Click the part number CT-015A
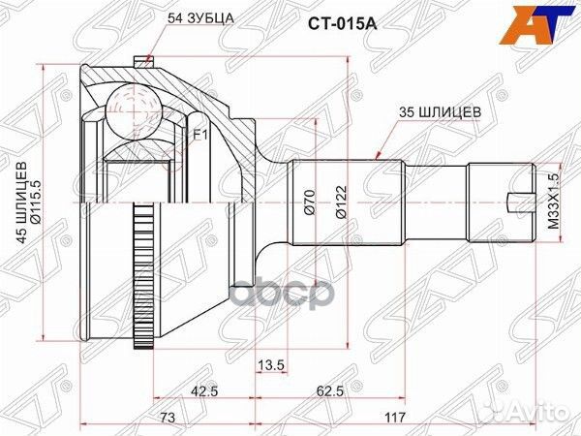[x=343, y=24]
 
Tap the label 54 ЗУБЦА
[x=200, y=18]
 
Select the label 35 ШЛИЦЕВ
[x=440, y=112]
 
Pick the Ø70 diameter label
[x=309, y=202]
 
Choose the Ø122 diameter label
[x=341, y=202]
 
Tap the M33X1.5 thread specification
[x=552, y=202]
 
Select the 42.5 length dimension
[x=204, y=390]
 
